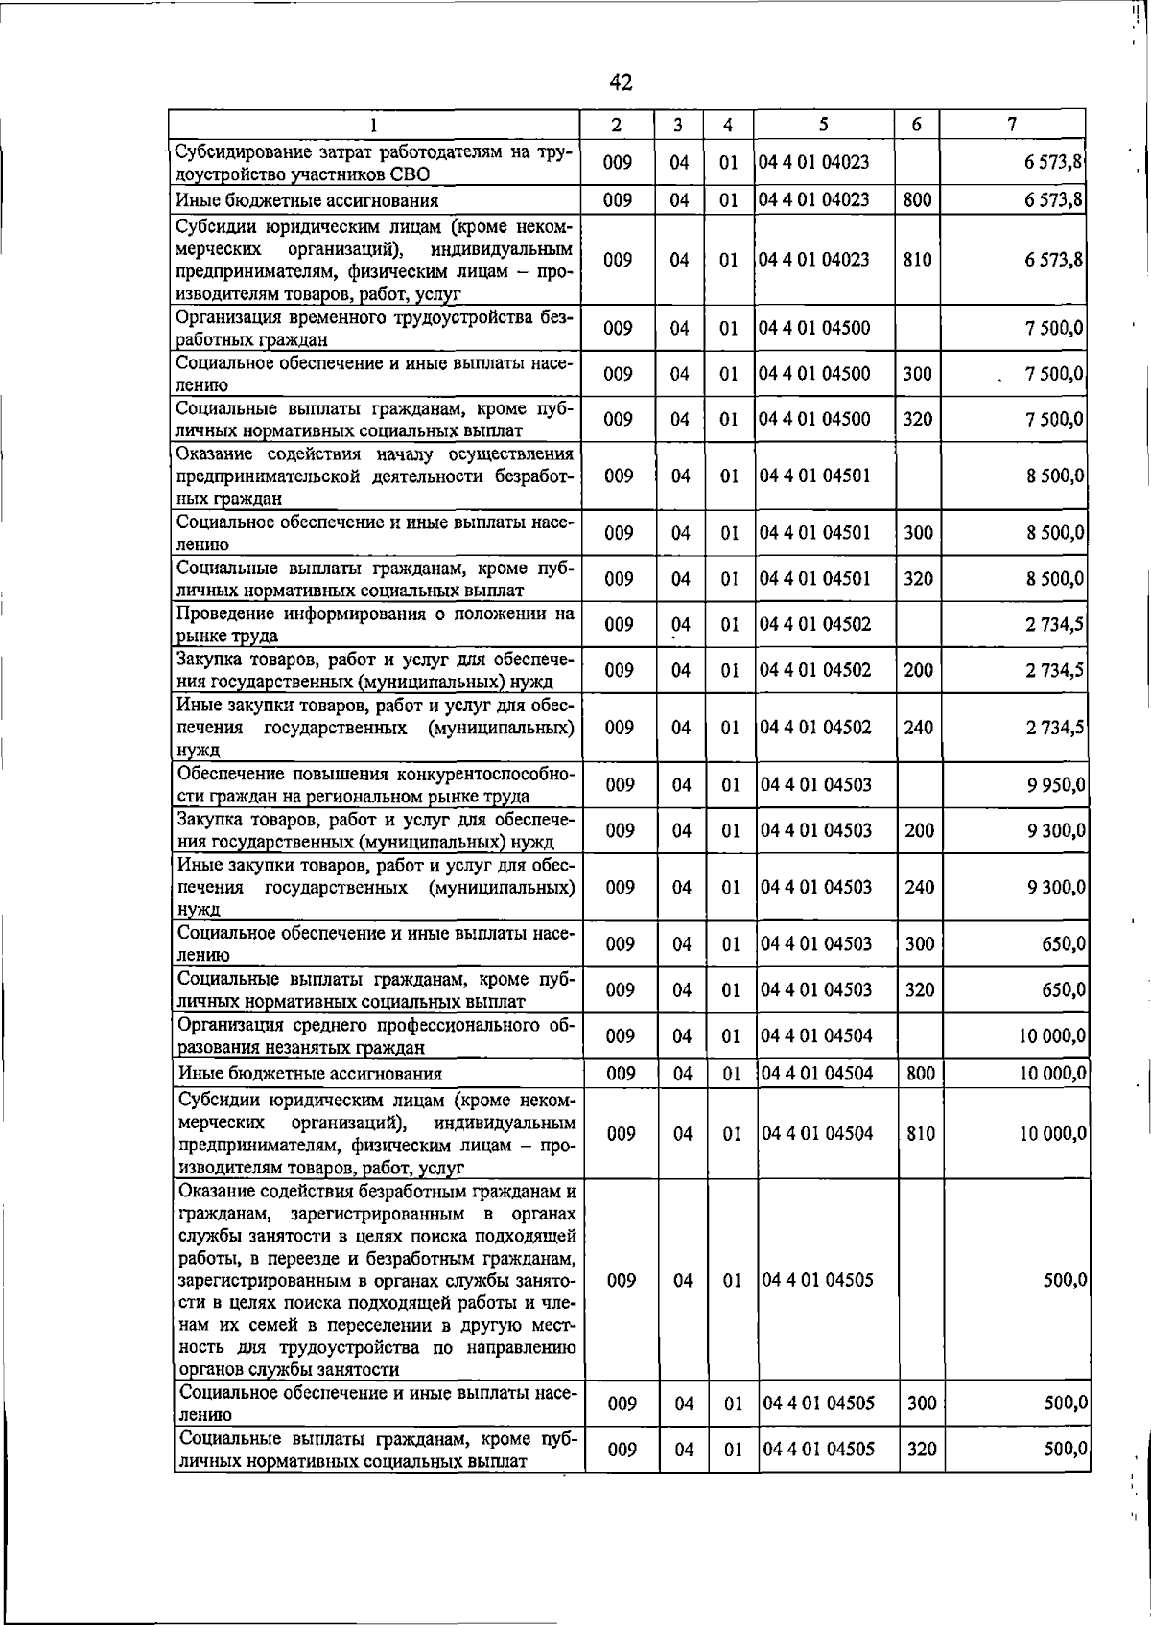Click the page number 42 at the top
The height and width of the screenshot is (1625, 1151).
click(x=621, y=82)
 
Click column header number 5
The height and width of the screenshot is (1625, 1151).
click(x=824, y=125)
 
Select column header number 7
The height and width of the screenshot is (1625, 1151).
click(x=1012, y=125)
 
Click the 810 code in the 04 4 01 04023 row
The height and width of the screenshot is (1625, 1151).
click(x=917, y=260)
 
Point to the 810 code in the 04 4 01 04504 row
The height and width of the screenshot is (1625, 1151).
click(x=921, y=1133)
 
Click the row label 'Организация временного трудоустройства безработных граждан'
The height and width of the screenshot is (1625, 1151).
click(x=375, y=328)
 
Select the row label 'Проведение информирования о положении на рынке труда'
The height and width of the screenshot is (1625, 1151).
click(x=375, y=624)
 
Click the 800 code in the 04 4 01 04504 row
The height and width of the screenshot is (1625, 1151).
click(x=921, y=1074)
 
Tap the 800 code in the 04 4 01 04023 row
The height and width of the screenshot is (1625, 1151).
click(x=917, y=200)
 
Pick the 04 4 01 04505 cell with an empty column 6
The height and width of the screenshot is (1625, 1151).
click(x=818, y=1280)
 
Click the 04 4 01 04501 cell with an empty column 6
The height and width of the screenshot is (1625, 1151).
click(x=815, y=476)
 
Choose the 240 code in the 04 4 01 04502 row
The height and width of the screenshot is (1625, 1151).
click(x=918, y=728)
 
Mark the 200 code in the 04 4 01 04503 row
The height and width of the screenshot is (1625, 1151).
click(x=919, y=830)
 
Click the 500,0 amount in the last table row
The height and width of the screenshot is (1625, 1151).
click(x=1066, y=1450)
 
